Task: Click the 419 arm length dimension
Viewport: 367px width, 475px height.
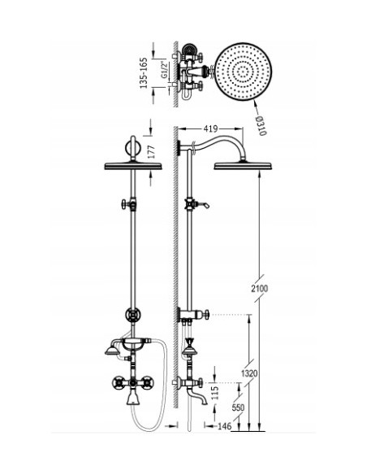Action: coord(209,129)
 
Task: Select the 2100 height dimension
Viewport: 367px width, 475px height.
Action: coord(259,289)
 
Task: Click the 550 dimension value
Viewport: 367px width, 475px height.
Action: coord(238,407)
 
